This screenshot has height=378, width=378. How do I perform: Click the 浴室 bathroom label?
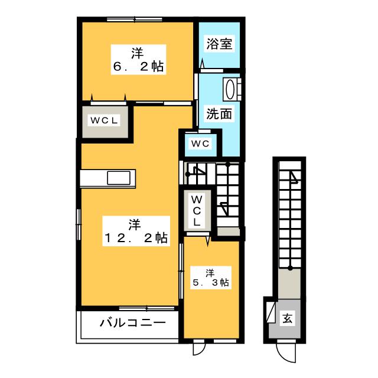[219, 44]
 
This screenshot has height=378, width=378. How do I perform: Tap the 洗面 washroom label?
[219, 113]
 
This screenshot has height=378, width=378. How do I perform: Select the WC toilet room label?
[197, 142]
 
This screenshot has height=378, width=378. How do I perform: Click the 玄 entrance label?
[287, 320]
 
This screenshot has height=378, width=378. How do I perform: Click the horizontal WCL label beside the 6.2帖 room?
[104, 120]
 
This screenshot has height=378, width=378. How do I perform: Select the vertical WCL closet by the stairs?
[197, 210]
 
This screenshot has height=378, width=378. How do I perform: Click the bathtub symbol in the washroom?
[232, 89]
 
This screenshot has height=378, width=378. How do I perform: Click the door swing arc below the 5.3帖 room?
[198, 348]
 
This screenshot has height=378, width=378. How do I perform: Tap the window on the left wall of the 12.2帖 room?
[79, 224]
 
